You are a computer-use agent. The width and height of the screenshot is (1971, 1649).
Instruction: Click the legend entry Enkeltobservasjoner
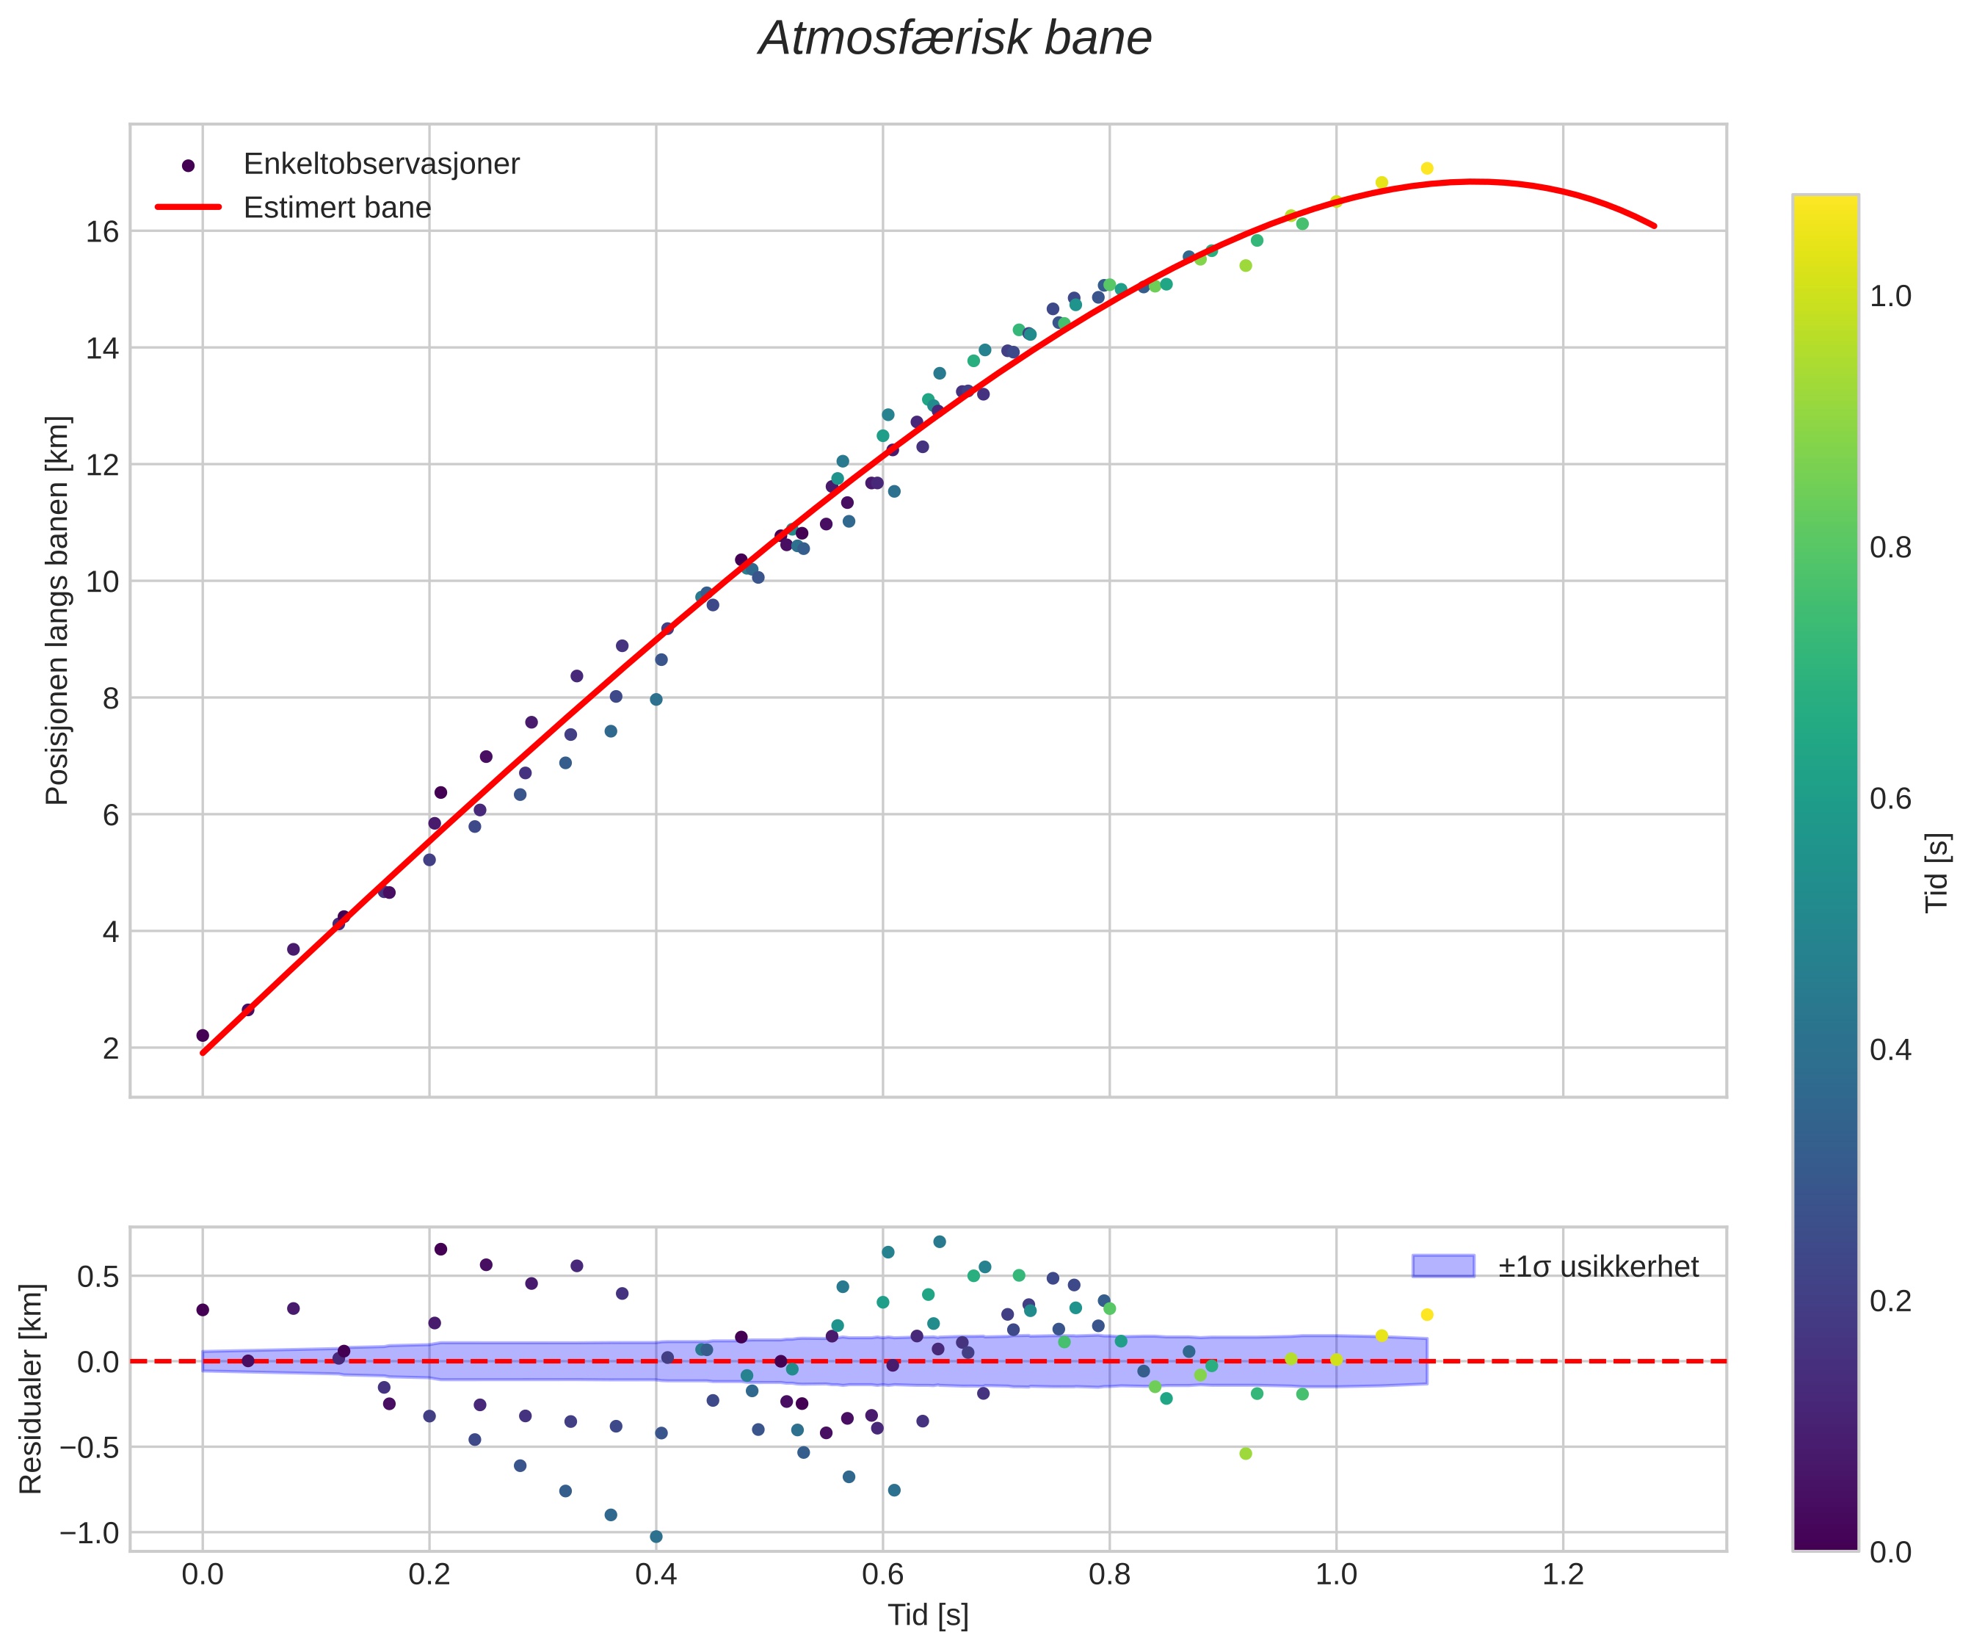pos(380,164)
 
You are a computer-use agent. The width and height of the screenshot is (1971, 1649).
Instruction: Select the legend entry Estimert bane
pos(337,208)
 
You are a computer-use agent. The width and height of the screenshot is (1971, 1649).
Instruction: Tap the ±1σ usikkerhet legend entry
pos(1597,1267)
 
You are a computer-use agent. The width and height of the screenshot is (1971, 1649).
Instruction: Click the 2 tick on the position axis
pos(111,1048)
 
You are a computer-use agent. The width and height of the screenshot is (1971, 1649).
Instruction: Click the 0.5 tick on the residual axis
pos(98,1277)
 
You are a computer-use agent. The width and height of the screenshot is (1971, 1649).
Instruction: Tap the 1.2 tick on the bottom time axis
pos(1563,1574)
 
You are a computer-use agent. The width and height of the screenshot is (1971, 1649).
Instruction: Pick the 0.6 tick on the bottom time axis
pos(882,1574)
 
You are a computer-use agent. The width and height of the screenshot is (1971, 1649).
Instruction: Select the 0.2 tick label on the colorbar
pos(1890,1301)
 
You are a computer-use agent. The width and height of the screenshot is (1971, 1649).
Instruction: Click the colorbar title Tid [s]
pos(1936,873)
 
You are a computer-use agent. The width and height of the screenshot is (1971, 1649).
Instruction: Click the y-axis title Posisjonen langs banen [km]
pos(57,610)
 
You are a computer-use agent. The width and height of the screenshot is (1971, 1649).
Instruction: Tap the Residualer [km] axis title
pos(31,1389)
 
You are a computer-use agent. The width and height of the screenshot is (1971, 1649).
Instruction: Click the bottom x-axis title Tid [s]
pos(927,1615)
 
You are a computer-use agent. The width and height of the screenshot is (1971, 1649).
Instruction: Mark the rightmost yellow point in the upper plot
pos(1426,168)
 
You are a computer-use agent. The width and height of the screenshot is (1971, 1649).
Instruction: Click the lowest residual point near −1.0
pos(656,1537)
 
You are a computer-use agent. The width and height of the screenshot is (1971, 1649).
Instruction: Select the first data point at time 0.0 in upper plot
pos(203,1035)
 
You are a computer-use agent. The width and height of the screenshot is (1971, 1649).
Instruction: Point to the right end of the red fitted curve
pos(1654,226)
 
